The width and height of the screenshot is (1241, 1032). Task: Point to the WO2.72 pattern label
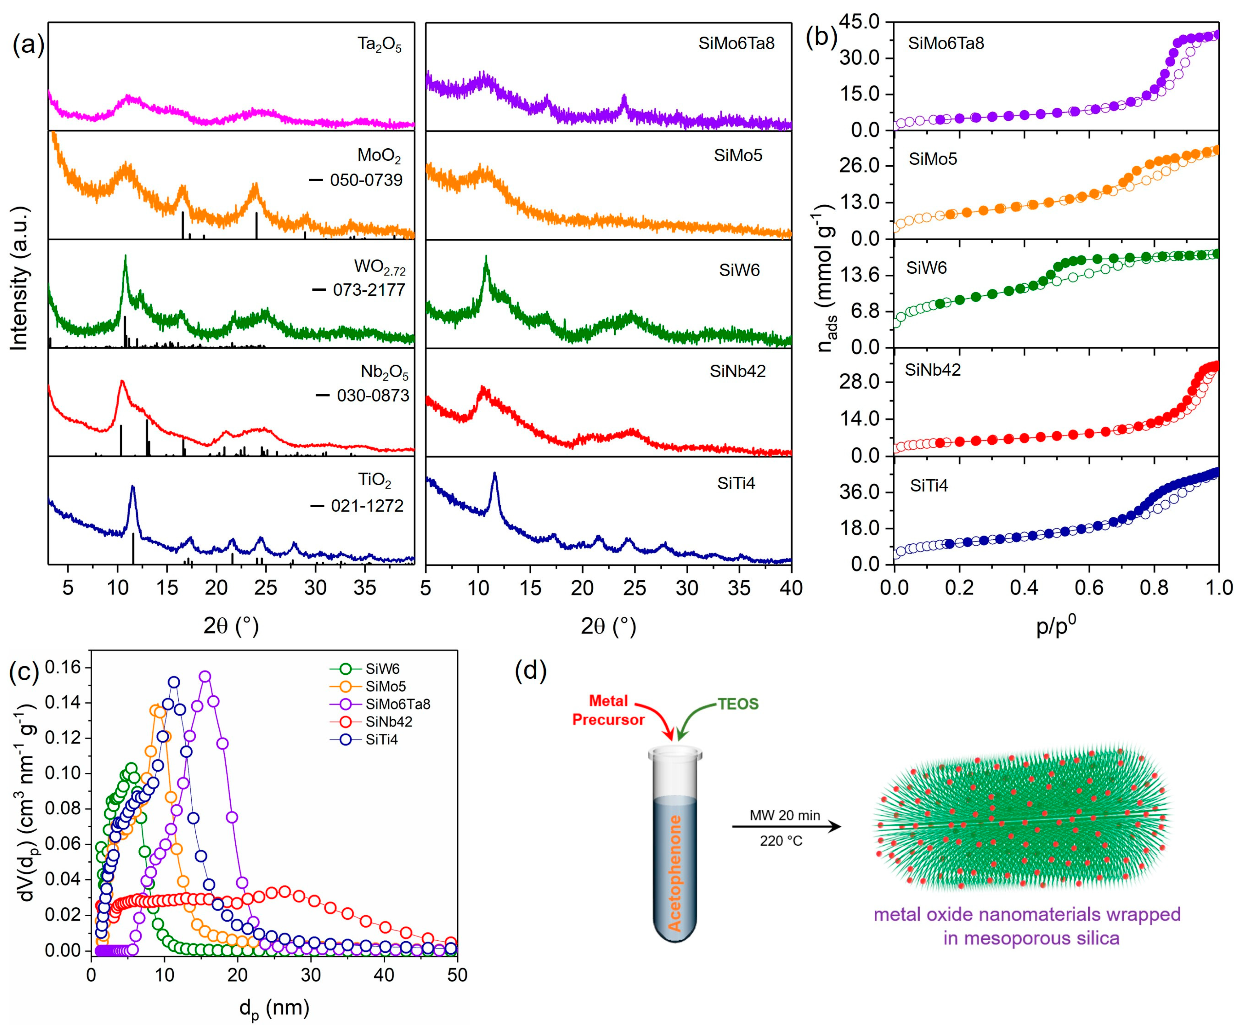tap(379, 267)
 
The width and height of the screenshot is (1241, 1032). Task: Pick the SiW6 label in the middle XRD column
tap(739, 270)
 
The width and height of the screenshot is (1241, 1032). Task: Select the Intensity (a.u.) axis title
tap(20, 278)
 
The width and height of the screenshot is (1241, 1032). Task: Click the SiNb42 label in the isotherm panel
tap(933, 370)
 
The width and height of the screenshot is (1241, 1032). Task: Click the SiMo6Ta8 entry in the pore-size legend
tap(397, 704)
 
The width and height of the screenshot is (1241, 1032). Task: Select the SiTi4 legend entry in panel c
tap(381, 739)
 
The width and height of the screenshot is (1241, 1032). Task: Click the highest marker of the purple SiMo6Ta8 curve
tap(205, 676)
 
